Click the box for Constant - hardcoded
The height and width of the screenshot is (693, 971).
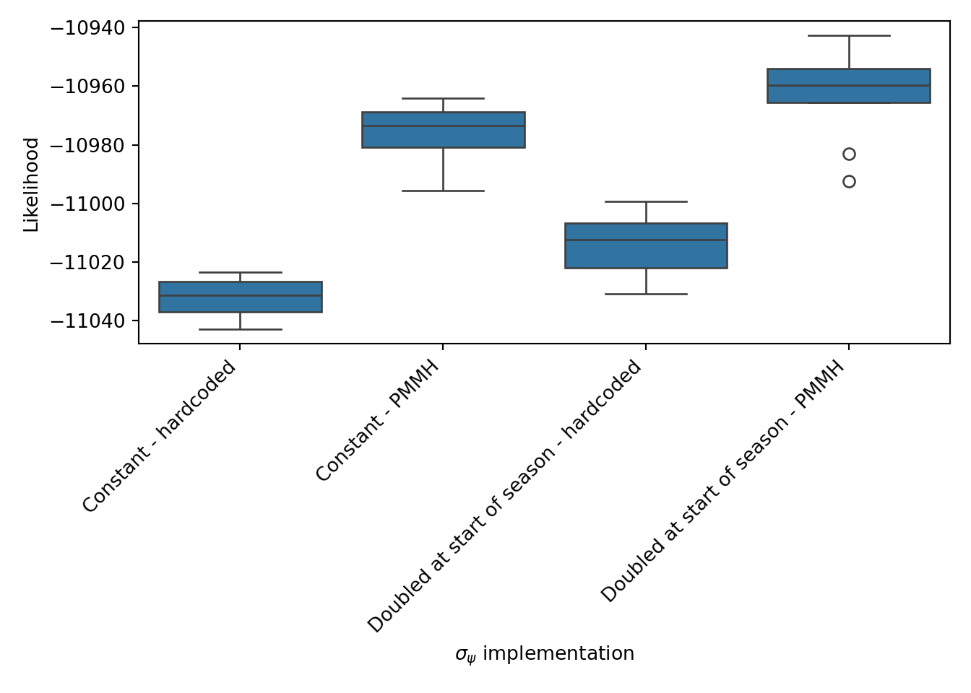pos(240,297)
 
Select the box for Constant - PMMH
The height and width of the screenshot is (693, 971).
pos(443,130)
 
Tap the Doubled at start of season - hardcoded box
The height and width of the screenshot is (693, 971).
pos(646,245)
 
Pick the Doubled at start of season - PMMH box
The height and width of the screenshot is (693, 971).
pos(849,86)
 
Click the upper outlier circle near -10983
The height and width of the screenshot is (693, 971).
pos(849,154)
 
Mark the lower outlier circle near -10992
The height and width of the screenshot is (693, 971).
pos(849,182)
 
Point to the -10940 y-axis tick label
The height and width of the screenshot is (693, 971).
pos(85,28)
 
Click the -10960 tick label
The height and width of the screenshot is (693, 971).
pos(85,87)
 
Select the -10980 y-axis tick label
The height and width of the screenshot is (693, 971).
pos(85,145)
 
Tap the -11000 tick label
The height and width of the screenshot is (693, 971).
pos(85,204)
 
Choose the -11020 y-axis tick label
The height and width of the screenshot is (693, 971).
pos(85,262)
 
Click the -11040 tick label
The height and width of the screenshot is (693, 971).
pos(85,321)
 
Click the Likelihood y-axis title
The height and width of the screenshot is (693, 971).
pos(31,185)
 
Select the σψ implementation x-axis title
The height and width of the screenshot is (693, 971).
pos(544,654)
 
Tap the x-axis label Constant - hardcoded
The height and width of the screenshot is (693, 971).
pos(160,436)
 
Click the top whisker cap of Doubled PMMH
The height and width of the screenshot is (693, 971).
pos(849,35)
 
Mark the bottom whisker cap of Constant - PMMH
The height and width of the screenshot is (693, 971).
pos(443,191)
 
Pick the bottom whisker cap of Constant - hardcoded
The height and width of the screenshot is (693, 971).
pos(240,329)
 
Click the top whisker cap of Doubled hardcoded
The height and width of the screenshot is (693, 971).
pos(646,201)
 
